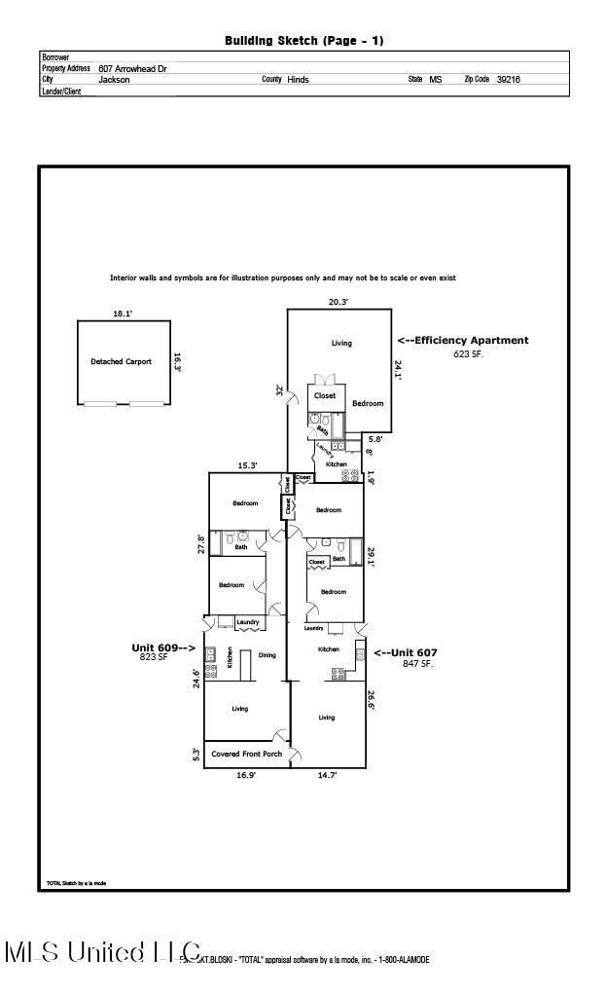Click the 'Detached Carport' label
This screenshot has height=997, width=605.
click(122, 361)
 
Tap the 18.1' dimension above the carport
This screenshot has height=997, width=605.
click(123, 314)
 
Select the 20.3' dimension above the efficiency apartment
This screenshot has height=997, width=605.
click(338, 302)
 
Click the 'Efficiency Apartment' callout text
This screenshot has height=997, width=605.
click(463, 341)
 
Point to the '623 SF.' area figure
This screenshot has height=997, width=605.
click(468, 353)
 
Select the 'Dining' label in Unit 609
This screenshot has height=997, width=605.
click(267, 654)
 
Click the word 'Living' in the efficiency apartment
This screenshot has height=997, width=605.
click(341, 343)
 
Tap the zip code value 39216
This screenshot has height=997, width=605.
click(508, 80)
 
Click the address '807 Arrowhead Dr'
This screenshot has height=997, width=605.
click(134, 69)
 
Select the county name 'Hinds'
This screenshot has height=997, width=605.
click(298, 80)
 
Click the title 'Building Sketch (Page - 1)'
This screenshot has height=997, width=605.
click(303, 41)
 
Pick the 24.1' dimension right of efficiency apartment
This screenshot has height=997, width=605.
click(398, 369)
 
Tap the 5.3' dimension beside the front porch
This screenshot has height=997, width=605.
click(196, 754)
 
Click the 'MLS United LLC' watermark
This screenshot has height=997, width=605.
click(102, 952)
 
